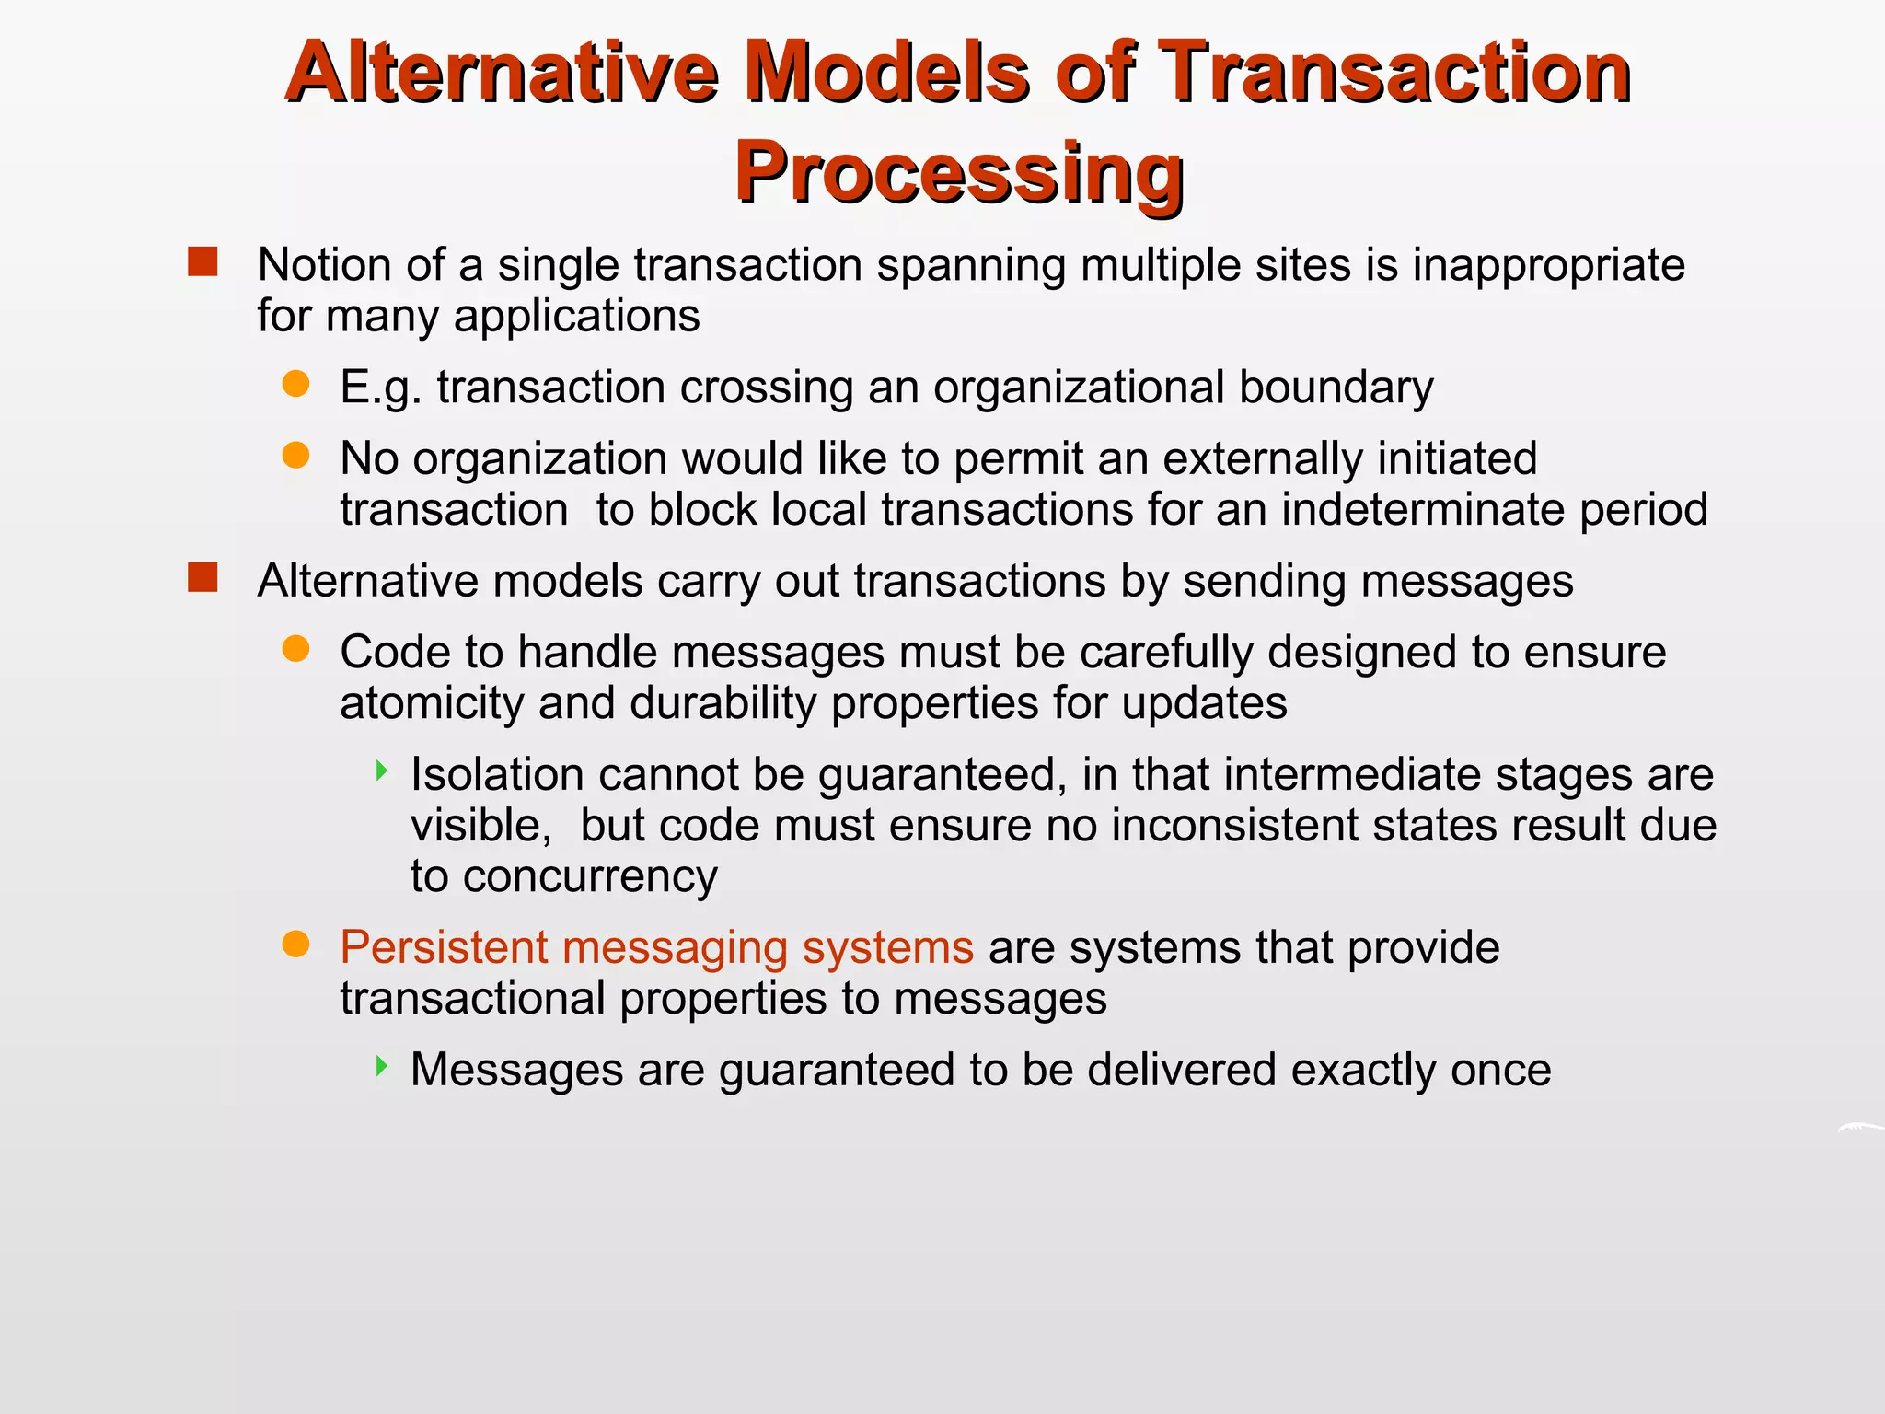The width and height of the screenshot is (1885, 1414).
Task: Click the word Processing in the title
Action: point(958,173)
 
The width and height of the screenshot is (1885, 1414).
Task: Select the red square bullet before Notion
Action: point(202,262)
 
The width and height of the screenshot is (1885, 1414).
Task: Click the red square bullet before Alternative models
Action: point(202,578)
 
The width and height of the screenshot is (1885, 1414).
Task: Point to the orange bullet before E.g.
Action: point(295,384)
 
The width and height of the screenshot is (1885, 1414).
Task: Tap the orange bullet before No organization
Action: point(295,455)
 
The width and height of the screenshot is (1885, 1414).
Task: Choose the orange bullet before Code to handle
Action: point(295,649)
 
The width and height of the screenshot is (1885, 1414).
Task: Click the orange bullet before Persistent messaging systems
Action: point(295,945)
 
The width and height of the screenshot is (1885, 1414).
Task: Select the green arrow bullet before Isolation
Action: point(382,771)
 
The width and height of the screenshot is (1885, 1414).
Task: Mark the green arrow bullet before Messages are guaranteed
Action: point(382,1067)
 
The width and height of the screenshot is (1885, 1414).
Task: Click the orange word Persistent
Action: point(443,947)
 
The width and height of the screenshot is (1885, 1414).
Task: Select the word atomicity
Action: point(432,704)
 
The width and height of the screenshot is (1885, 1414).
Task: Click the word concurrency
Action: point(590,876)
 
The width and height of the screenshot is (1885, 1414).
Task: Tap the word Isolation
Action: point(496,774)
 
